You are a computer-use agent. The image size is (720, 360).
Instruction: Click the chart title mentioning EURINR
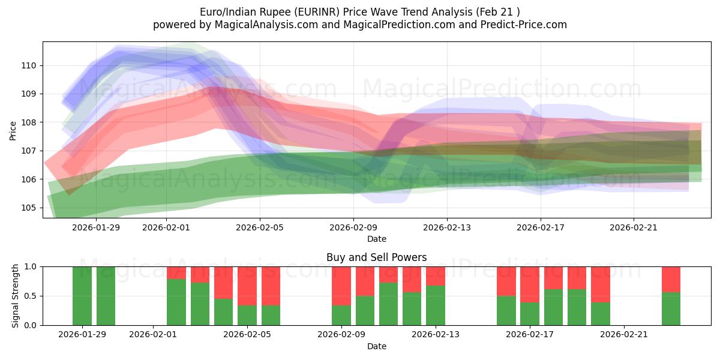(x=359, y=11)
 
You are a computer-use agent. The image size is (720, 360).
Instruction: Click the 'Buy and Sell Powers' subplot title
(x=376, y=257)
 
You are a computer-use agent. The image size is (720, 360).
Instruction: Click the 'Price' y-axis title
(x=13, y=130)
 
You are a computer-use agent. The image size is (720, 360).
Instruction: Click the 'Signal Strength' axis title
(x=16, y=296)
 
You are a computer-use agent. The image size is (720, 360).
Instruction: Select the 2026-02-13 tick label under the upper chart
(x=447, y=227)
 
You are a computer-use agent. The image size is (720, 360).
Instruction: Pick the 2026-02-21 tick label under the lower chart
(x=625, y=334)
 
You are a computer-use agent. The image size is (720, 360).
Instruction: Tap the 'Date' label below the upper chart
(x=376, y=239)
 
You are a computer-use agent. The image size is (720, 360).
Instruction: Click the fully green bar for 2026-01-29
(x=82, y=296)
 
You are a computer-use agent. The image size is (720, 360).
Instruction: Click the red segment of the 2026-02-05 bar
(x=247, y=286)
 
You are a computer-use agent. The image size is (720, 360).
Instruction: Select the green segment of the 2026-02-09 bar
(x=341, y=315)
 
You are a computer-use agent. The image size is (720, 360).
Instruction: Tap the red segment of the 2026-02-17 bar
(x=530, y=284)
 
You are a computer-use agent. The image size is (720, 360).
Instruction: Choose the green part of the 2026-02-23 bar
(x=671, y=308)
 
